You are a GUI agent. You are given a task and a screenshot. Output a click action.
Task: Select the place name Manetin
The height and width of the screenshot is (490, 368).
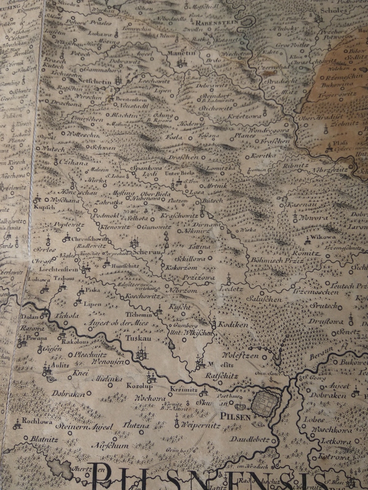180,54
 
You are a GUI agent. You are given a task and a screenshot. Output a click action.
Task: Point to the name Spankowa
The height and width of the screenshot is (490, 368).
147,167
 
